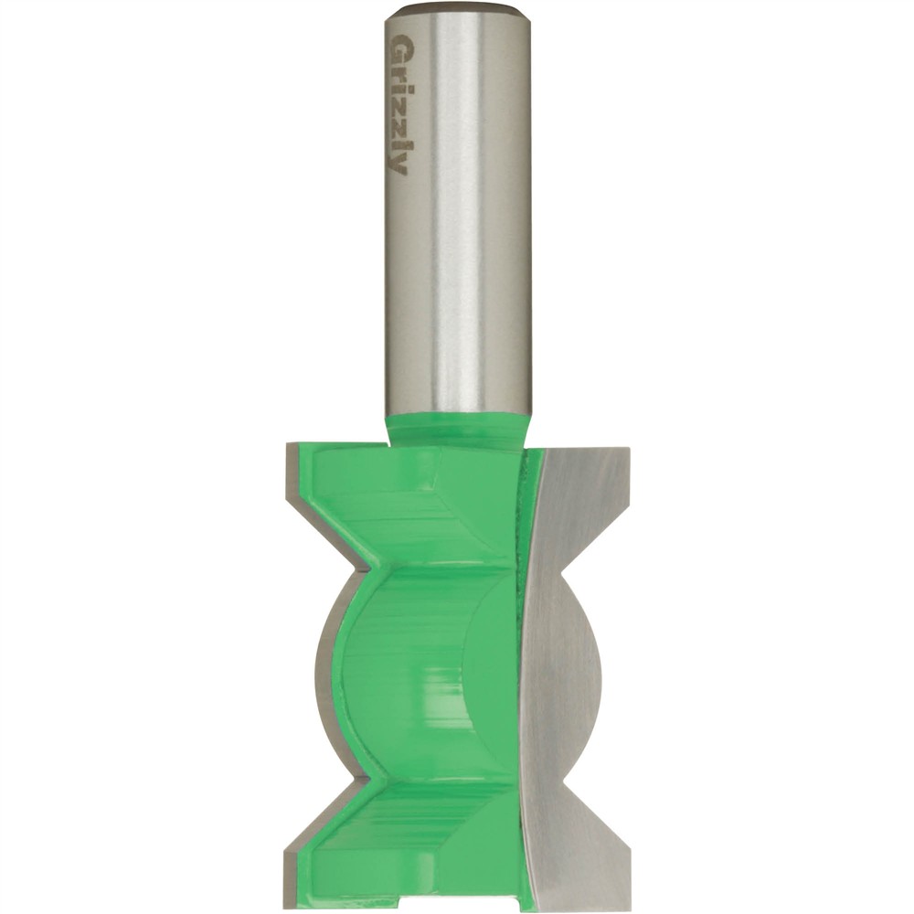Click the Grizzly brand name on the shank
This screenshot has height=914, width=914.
coord(399,105)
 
